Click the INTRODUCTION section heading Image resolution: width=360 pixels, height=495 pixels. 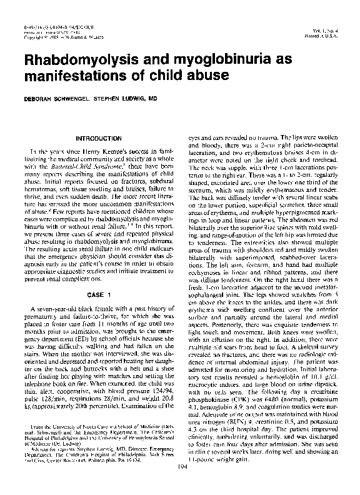tap(98, 137)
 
